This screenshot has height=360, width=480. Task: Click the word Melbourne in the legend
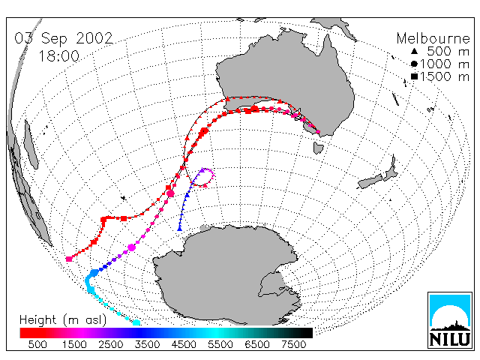click(x=433, y=38)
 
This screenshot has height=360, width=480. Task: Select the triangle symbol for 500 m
click(x=414, y=51)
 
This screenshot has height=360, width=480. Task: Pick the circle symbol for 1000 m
click(x=414, y=64)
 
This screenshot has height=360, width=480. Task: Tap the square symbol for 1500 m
click(x=414, y=76)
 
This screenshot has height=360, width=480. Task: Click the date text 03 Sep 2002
click(x=64, y=38)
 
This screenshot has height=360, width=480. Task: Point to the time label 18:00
click(x=58, y=56)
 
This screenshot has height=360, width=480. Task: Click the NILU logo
click(x=450, y=320)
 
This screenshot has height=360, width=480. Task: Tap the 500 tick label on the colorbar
click(x=37, y=345)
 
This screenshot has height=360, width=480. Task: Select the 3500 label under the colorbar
click(x=147, y=345)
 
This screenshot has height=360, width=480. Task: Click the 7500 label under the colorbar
click(x=294, y=345)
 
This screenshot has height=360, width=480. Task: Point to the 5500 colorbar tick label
click(x=220, y=345)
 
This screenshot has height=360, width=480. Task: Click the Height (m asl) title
click(x=63, y=320)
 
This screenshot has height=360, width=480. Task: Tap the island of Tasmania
click(x=318, y=148)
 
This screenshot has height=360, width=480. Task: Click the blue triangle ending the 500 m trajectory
click(x=180, y=229)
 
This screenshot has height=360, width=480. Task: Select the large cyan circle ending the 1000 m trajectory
click(x=136, y=322)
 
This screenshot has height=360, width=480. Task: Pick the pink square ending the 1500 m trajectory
click(x=69, y=259)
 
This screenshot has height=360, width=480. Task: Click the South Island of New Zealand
click(x=370, y=182)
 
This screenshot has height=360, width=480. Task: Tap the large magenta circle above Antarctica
click(x=132, y=247)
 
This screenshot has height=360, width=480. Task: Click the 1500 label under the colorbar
click(x=74, y=345)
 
